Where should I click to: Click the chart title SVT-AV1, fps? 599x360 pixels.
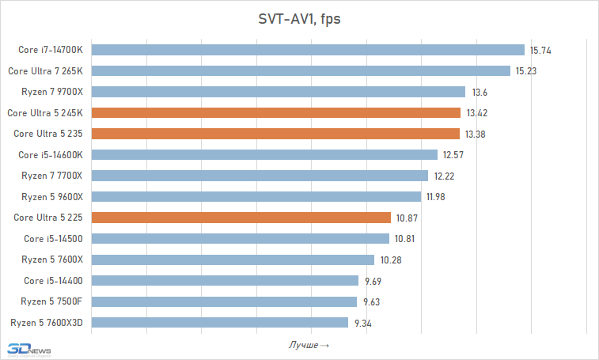tap(299, 18)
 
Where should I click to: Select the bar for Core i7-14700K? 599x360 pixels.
tap(309, 50)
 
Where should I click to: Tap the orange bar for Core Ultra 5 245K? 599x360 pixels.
tap(276, 112)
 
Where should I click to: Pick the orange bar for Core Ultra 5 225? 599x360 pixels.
tap(241, 217)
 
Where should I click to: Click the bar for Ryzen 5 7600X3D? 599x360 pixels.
tap(220, 322)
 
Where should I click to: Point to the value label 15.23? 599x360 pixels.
tap(526, 71)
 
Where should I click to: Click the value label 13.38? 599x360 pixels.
tap(476, 134)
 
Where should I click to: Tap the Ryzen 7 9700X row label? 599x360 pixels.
tap(52, 92)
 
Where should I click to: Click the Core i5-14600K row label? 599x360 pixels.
tap(51, 154)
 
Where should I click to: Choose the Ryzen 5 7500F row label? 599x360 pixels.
tap(52, 301)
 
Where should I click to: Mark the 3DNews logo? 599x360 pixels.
tap(28, 349)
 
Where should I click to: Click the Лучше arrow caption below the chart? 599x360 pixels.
tap(309, 346)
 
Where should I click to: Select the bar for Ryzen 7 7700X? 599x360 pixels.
tap(260, 176)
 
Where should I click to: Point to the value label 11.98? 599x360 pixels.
tap(438, 196)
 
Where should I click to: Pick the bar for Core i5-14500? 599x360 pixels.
tap(241, 238)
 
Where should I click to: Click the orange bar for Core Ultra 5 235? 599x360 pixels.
tap(275, 134)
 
